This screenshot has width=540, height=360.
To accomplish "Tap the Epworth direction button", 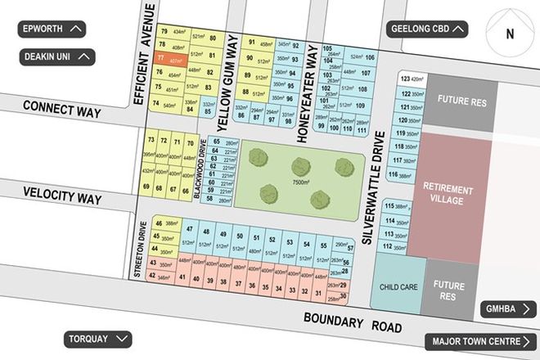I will (52, 29).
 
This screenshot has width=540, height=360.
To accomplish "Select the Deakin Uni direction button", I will (57, 56).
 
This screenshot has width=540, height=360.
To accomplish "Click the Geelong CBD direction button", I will (428, 29).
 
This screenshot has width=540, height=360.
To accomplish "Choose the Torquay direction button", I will (98, 339).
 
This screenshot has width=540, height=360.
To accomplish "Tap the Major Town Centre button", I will (480, 342).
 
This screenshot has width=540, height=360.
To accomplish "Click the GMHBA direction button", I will (508, 310).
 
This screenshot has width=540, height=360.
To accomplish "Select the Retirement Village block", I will (448, 194).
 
